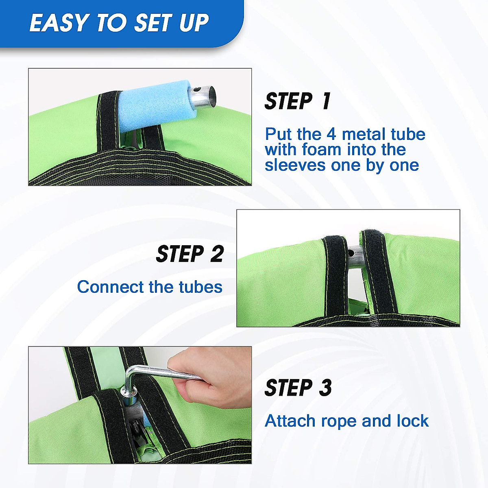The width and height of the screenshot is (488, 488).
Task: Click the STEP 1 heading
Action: [297, 101]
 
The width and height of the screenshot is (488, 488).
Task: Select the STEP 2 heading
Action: [190, 253]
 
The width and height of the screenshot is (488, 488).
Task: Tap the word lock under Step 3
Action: [413, 420]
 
